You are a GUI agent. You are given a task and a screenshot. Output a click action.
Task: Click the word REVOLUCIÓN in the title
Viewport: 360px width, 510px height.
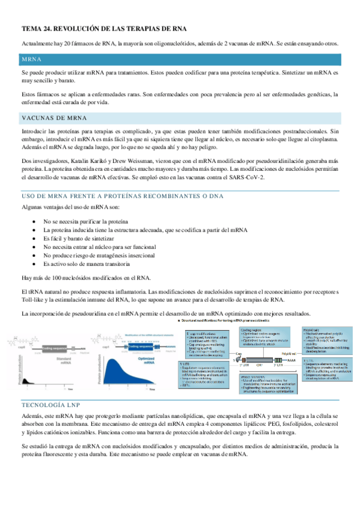[84, 28]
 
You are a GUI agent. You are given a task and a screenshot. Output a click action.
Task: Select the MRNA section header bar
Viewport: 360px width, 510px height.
[180, 60]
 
